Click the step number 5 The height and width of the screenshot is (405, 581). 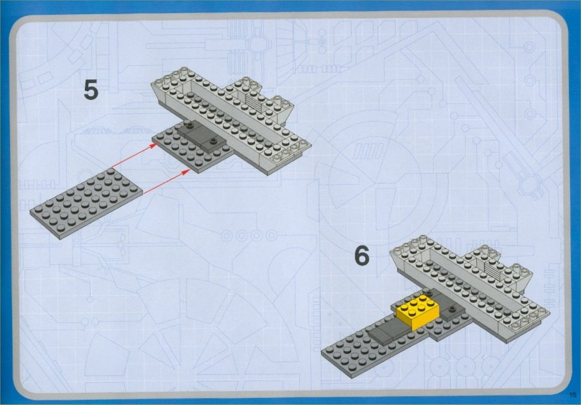91,90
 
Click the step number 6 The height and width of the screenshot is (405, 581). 362,256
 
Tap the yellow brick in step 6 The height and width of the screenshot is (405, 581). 418,312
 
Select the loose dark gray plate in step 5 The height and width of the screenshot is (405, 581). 86,203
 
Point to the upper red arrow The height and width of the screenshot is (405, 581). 135,155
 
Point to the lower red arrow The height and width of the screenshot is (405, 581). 167,181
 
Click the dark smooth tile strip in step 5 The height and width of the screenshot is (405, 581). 202,136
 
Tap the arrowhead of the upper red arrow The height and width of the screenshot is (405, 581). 154,146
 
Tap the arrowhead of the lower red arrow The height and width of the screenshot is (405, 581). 187,171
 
